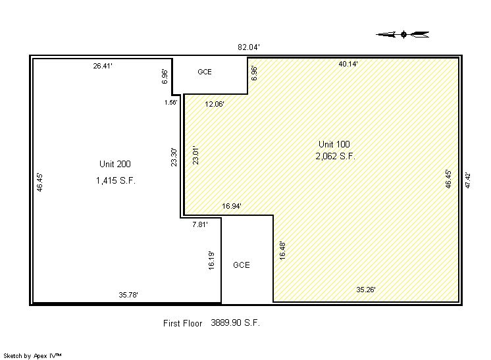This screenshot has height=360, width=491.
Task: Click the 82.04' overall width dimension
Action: [249, 47]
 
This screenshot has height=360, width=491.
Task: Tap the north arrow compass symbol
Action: [403, 34]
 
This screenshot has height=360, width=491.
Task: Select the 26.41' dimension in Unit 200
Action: [103, 66]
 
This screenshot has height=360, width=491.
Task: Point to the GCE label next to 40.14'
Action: [205, 72]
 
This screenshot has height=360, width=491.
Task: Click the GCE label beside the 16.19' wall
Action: [241, 265]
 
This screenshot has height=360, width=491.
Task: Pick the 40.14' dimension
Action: [348, 64]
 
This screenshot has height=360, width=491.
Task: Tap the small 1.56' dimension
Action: [171, 103]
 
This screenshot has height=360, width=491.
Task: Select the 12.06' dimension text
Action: [215, 104]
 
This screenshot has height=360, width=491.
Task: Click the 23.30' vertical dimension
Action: [174, 157]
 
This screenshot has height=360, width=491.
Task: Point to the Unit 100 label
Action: [334, 144]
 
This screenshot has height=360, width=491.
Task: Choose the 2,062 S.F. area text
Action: [336, 156]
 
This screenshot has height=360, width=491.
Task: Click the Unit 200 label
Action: [115, 164]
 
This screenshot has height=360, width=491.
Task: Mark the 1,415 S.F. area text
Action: [116, 180]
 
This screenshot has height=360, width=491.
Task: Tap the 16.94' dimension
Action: [232, 206]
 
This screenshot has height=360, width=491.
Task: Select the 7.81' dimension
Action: [200, 224]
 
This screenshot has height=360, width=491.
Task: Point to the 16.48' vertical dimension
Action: [282, 251]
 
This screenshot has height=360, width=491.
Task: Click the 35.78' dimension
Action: [128, 295]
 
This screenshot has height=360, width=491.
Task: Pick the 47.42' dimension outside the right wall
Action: [468, 180]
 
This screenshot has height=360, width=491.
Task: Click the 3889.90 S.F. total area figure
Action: [235, 322]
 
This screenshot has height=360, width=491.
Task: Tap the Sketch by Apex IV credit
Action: [32, 355]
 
